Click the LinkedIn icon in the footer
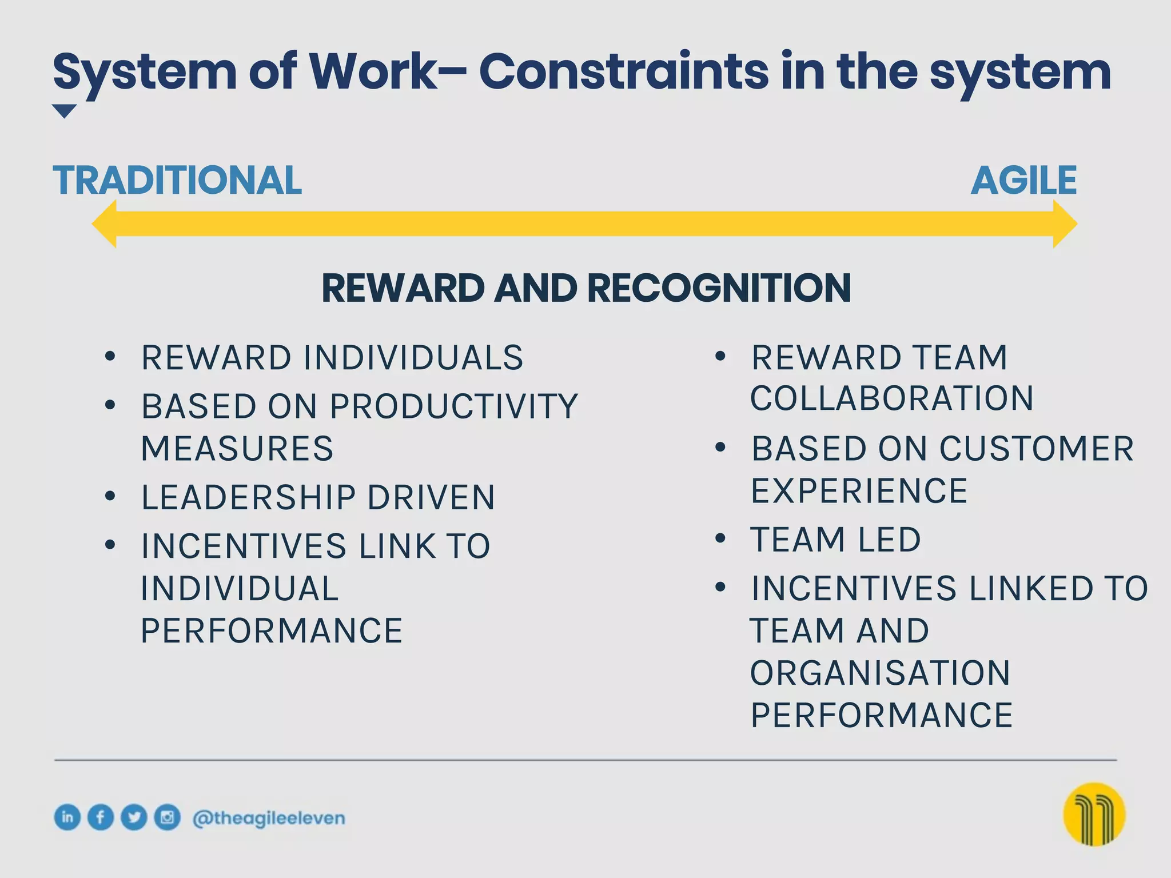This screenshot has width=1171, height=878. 67,817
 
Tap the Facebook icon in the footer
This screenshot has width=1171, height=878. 101,817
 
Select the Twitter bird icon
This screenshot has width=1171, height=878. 134,817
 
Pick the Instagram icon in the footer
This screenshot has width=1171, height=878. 167,817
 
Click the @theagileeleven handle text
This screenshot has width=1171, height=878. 269,818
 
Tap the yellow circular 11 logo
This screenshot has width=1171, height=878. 1094,814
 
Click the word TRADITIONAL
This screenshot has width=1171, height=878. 177,181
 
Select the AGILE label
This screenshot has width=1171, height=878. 1023,181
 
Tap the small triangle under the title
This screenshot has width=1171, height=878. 64,110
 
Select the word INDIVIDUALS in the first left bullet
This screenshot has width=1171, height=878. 413,358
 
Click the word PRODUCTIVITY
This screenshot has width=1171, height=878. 454,406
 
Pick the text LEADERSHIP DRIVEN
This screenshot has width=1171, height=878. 318,497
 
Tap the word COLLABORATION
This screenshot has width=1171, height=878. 892,398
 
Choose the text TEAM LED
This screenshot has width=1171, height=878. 835,540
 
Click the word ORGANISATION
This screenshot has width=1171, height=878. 880,673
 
